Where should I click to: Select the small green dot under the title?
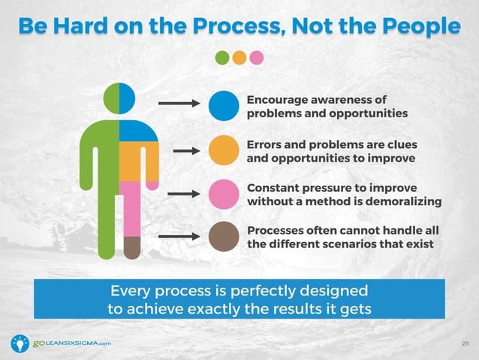pyautogui.click(x=223, y=58)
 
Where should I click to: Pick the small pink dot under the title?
pyautogui.click(x=256, y=58)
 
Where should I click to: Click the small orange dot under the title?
pyautogui.click(x=239, y=58)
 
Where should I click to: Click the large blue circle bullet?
pyautogui.click(x=223, y=106)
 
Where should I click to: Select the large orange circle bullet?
pyautogui.click(x=223, y=150)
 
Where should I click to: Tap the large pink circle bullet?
pyautogui.click(x=223, y=193)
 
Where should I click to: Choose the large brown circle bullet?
pyautogui.click(x=223, y=237)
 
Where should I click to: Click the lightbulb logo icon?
pyautogui.click(x=19, y=343)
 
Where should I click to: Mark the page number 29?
pyautogui.click(x=465, y=343)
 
